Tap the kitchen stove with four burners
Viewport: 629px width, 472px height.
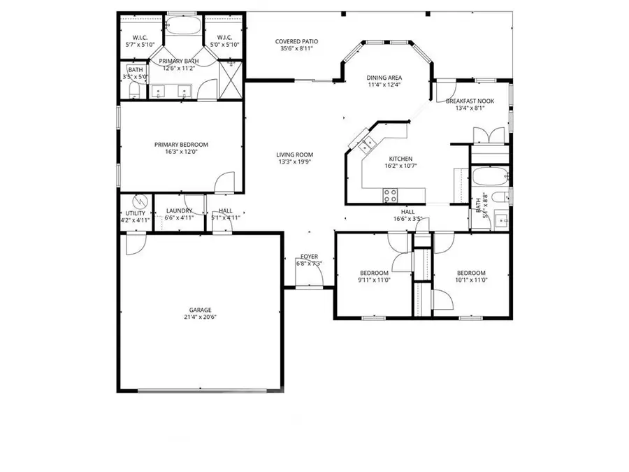[390, 195]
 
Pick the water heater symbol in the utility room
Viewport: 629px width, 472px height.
[140, 201]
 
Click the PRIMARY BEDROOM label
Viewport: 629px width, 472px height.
[181, 145]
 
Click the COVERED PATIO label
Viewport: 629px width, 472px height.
[296, 42]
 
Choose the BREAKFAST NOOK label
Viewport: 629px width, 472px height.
[470, 101]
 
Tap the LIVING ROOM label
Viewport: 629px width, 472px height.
[294, 155]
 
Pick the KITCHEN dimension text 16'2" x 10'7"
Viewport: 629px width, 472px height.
[400, 166]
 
